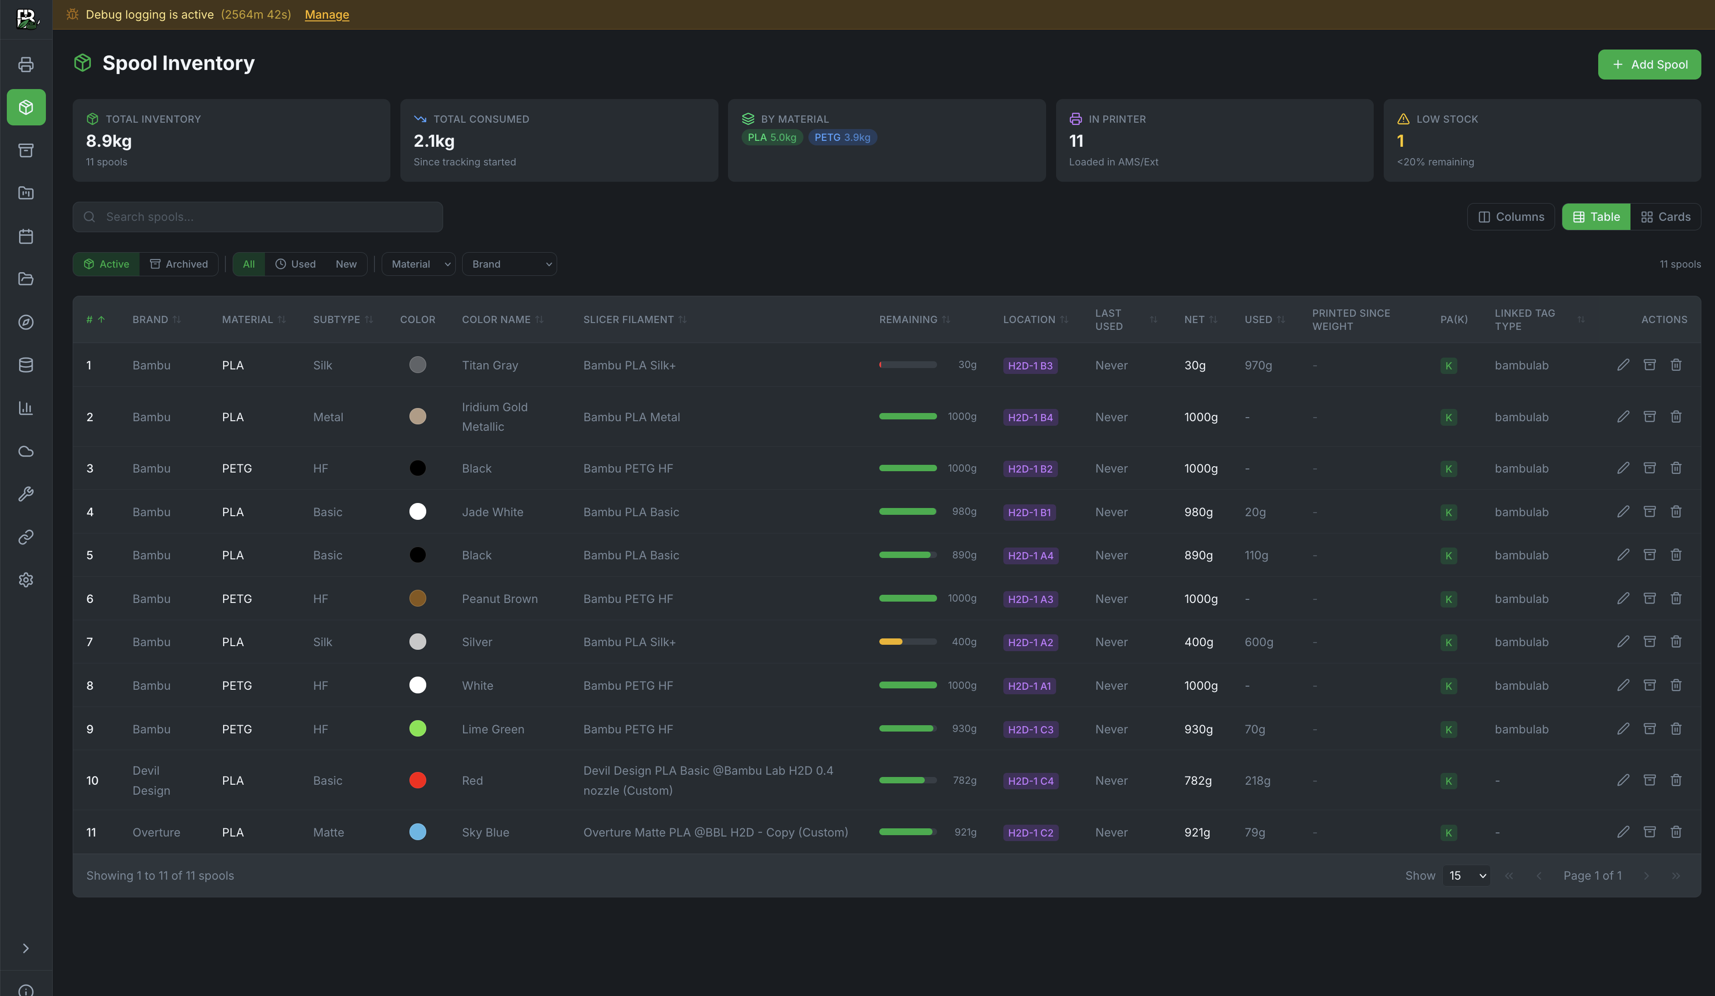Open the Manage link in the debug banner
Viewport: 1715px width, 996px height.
click(x=327, y=14)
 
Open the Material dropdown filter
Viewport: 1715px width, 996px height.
click(x=419, y=264)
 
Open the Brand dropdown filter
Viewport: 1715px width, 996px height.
click(x=509, y=264)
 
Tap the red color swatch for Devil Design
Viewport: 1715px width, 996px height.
click(x=418, y=780)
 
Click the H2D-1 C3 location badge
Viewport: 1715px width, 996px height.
click(x=1030, y=729)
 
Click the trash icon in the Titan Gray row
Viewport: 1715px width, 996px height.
click(x=1675, y=365)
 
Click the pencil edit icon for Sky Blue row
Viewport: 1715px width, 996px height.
click(x=1623, y=832)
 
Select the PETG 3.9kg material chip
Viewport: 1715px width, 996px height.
click(x=842, y=137)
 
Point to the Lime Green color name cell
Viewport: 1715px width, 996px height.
click(x=493, y=729)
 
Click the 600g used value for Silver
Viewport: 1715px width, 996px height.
click(x=1258, y=642)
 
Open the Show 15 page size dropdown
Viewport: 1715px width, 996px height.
click(x=1466, y=876)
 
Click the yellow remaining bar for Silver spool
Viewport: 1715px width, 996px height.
click(x=891, y=642)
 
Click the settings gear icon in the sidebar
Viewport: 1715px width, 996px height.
click(x=26, y=580)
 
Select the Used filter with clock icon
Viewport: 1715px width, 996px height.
click(x=295, y=264)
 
